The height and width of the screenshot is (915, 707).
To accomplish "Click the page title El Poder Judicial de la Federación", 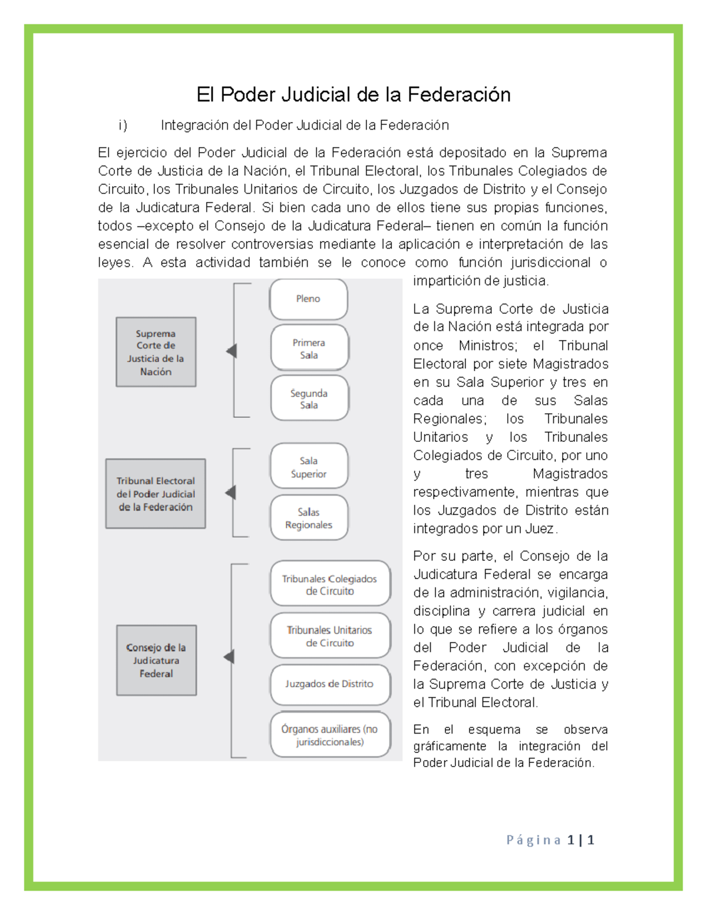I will click(353, 95).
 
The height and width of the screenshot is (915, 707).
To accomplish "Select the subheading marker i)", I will click(123, 125).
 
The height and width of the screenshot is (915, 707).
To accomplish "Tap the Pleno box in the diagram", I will click(308, 299).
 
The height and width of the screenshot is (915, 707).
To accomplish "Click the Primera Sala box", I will click(309, 349).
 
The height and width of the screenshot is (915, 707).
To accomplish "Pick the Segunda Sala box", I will click(309, 399).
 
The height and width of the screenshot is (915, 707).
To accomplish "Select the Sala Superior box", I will click(309, 467).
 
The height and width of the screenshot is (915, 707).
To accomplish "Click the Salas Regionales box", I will click(309, 518).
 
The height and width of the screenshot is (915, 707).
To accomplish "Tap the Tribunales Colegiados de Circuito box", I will click(330, 584).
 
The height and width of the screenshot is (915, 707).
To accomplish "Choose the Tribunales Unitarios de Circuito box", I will click(330, 636).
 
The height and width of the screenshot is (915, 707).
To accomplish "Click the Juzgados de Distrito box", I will click(330, 684).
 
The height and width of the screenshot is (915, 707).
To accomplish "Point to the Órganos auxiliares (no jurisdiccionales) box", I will click(330, 735).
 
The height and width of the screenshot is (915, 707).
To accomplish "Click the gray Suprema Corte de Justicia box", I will click(156, 352).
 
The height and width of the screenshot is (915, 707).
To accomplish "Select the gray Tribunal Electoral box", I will click(156, 494).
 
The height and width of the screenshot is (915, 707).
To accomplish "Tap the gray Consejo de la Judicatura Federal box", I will click(156, 660).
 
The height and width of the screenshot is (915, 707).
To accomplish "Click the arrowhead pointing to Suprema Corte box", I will click(232, 351).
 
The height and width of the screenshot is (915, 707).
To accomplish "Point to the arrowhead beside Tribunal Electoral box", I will click(231, 493).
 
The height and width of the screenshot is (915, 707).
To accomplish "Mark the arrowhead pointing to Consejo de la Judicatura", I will click(229, 657).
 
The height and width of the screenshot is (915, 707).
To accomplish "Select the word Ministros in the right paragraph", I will click(487, 346).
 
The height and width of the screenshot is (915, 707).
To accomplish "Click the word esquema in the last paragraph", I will click(494, 729).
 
